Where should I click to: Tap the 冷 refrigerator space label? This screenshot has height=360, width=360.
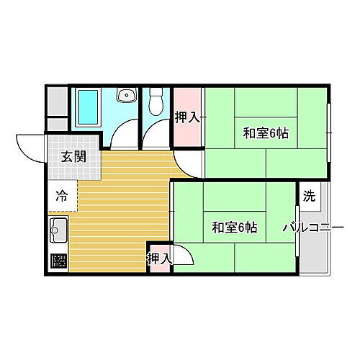point(63,194)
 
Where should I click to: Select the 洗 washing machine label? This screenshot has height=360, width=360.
point(308,196)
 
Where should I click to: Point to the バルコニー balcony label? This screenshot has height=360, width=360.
point(312,228)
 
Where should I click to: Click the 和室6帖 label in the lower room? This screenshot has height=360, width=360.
point(235,228)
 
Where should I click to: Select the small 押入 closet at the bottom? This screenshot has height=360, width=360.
point(159,258)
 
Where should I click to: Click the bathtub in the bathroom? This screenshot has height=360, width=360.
point(87,109)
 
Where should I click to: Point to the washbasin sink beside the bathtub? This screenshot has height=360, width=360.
point(127,96)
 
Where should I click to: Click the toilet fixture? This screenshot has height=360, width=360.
point(154,105)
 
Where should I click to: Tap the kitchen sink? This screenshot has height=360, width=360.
point(58,233)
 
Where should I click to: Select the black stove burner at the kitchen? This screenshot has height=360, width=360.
point(58,261)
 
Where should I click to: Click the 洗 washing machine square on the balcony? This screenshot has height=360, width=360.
point(309,196)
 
